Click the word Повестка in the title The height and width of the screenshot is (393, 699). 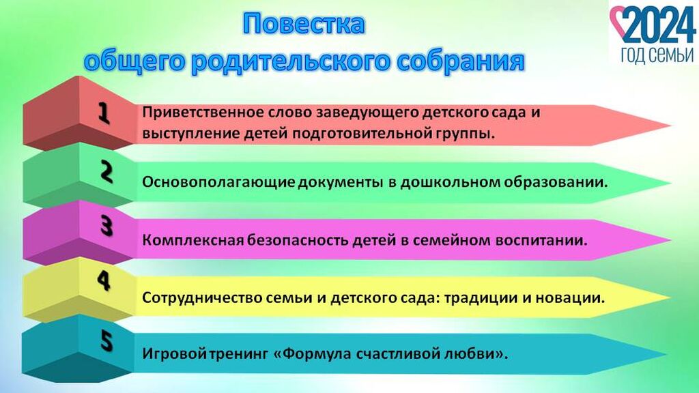(304, 24)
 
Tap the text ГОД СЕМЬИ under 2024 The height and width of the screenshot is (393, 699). (657, 55)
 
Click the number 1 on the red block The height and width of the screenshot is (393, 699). (104, 113)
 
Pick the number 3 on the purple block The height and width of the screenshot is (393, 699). (106, 226)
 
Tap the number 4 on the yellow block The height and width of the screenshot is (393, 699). (104, 280)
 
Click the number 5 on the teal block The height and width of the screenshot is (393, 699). (106, 341)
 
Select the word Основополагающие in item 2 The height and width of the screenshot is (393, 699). (218, 183)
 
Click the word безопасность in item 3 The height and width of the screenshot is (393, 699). (298, 240)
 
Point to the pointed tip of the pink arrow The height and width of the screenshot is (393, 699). (670, 240)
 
